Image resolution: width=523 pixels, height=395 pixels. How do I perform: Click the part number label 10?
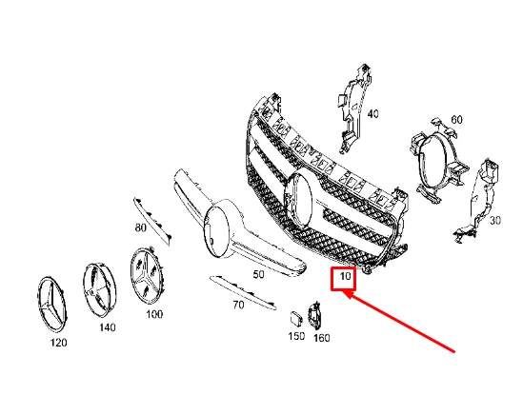coord(343,279)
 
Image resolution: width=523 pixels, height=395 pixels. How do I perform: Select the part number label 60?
coord(456,119)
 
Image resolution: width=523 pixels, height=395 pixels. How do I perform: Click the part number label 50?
coord(257,273)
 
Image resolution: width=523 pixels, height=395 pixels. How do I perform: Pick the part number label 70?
coord(238,306)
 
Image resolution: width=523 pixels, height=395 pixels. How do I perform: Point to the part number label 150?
coord(296,336)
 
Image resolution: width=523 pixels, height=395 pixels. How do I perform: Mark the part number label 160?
coord(321,336)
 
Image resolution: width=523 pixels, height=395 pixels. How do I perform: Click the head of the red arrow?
coord(347,296)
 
